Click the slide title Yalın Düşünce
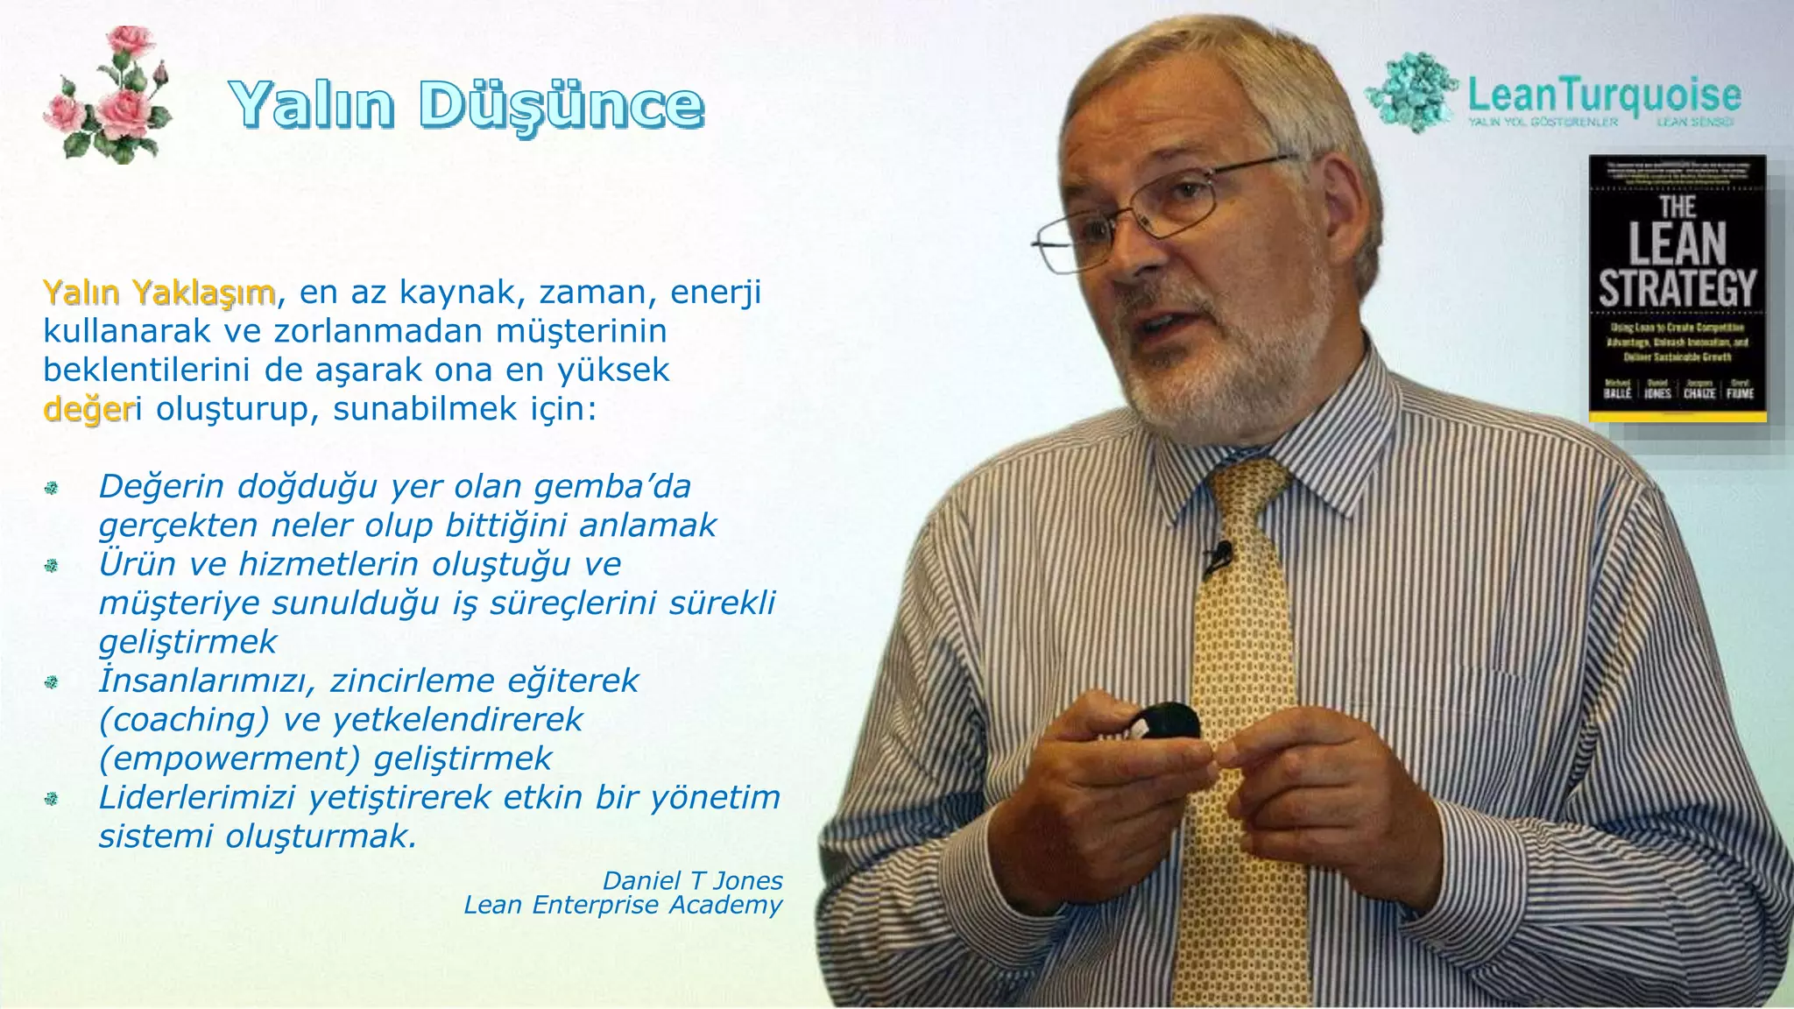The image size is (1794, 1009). pyautogui.click(x=466, y=105)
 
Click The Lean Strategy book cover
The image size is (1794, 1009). pyautogui.click(x=1677, y=288)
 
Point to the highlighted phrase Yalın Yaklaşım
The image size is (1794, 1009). pyautogui.click(x=159, y=292)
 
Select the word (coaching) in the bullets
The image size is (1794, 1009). pyautogui.click(x=184, y=719)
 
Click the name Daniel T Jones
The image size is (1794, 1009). pyautogui.click(x=692, y=880)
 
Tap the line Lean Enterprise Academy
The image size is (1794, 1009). pyautogui.click(x=622, y=905)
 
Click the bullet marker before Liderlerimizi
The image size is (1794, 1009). pyautogui.click(x=51, y=799)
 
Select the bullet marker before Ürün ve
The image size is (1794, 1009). pyautogui.click(x=51, y=566)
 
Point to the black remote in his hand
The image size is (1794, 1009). pyautogui.click(x=1163, y=721)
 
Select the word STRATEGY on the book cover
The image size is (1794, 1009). pyautogui.click(x=1677, y=289)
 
